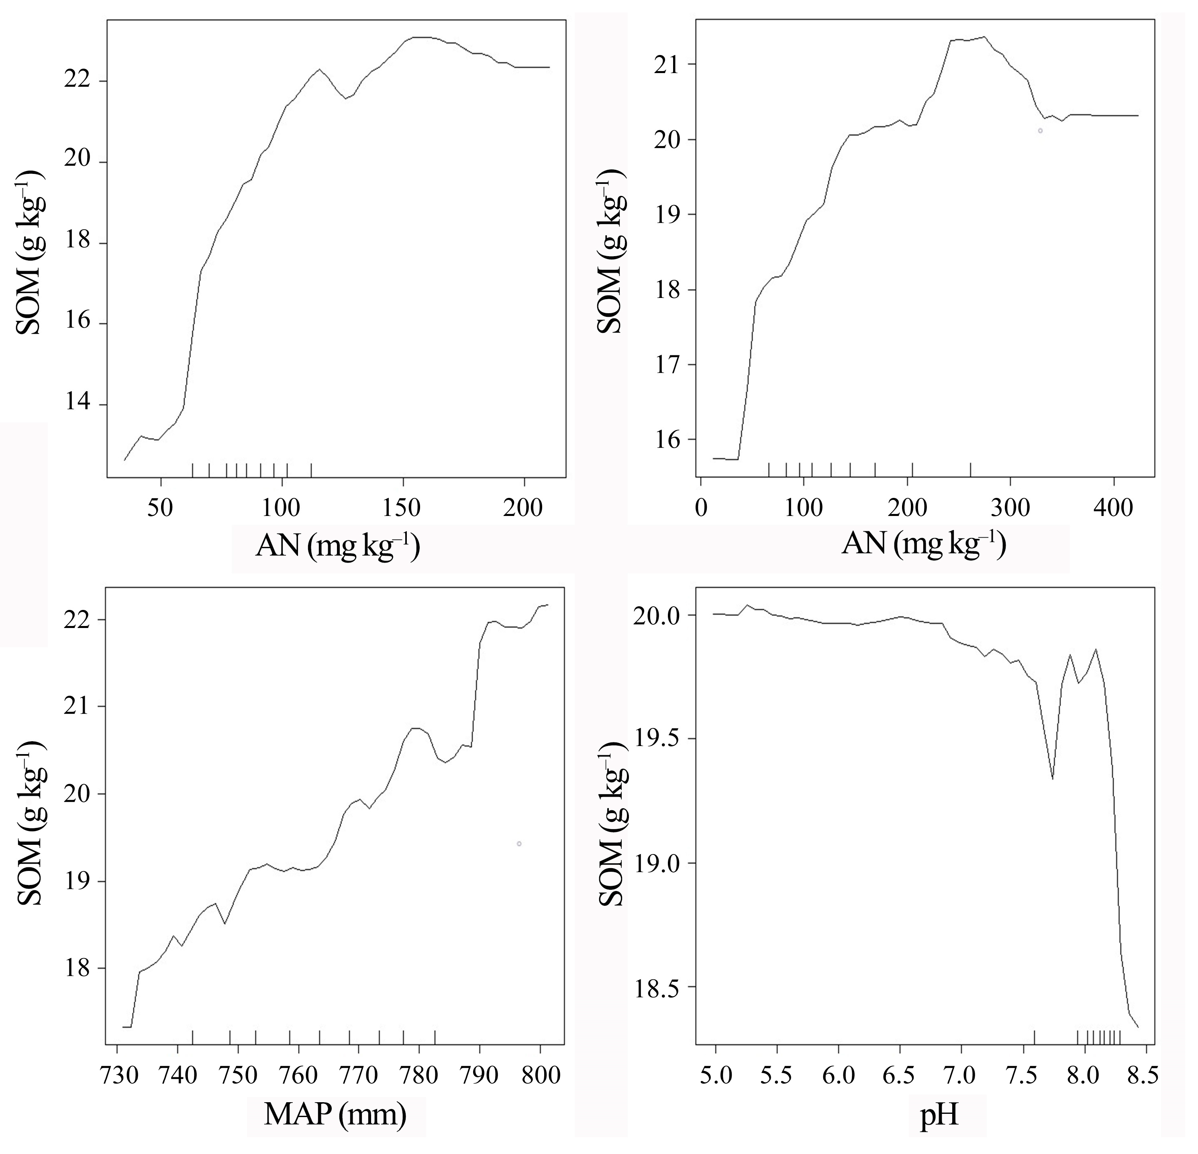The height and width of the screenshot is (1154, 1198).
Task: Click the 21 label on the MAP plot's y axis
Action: click(x=78, y=707)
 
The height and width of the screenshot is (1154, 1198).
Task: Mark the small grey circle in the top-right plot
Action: click(x=1040, y=131)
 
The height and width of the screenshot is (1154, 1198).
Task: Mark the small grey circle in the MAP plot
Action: click(x=519, y=844)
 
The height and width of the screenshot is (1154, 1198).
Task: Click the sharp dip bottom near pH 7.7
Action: click(x=1053, y=778)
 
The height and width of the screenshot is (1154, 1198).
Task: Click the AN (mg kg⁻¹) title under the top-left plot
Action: click(x=337, y=546)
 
